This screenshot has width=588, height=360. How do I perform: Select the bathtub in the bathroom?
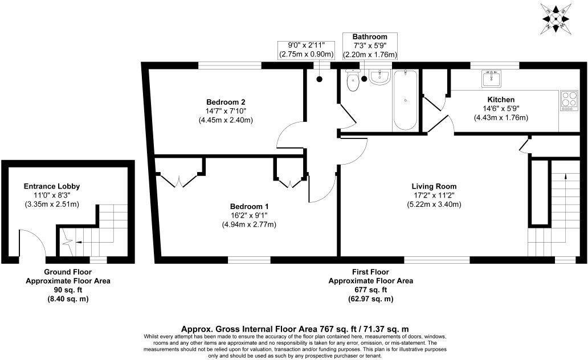[x=405, y=100]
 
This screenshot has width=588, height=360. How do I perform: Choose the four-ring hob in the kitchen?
[x=569, y=101]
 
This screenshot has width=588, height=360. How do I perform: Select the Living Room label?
[x=434, y=186]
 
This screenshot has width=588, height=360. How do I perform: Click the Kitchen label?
[x=485, y=99]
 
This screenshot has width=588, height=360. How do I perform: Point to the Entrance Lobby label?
[x=51, y=186]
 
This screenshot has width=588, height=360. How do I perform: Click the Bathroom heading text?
[x=369, y=37]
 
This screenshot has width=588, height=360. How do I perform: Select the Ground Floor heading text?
[x=68, y=272]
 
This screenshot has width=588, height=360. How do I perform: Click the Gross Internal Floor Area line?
[x=295, y=329]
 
